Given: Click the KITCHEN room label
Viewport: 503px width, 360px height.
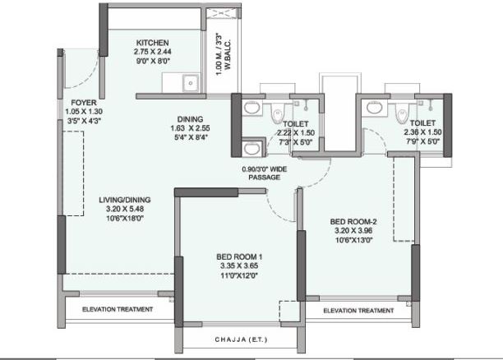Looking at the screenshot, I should (x=152, y=42).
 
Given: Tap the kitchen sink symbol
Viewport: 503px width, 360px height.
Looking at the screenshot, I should (x=190, y=82).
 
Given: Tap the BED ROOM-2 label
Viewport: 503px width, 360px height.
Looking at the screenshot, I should (x=353, y=221).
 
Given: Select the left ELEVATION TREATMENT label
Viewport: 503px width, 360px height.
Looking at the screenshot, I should (x=117, y=310).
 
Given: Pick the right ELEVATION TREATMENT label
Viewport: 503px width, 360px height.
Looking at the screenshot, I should (x=358, y=311).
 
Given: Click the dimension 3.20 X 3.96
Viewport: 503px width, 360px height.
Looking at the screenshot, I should (x=353, y=232).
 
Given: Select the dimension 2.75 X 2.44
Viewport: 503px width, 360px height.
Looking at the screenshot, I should (x=152, y=52).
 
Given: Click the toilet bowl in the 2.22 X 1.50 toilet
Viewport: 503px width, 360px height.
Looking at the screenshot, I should (x=278, y=114).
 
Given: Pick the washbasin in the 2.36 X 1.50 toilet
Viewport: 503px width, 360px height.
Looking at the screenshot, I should (x=375, y=107).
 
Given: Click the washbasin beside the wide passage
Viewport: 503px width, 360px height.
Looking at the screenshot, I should (x=252, y=149).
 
